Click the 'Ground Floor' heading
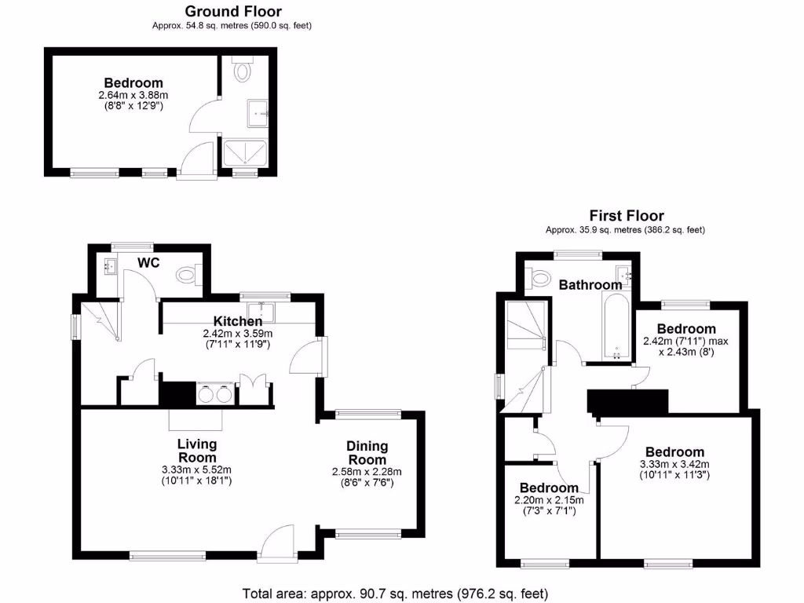point(232,11)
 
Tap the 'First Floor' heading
point(627,215)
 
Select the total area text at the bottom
point(394,593)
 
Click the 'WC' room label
point(149,262)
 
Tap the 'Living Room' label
point(197,451)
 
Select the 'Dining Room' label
point(367,453)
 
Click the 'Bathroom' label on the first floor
point(590,285)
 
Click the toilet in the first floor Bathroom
point(541,279)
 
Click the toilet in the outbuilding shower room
point(243,71)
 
